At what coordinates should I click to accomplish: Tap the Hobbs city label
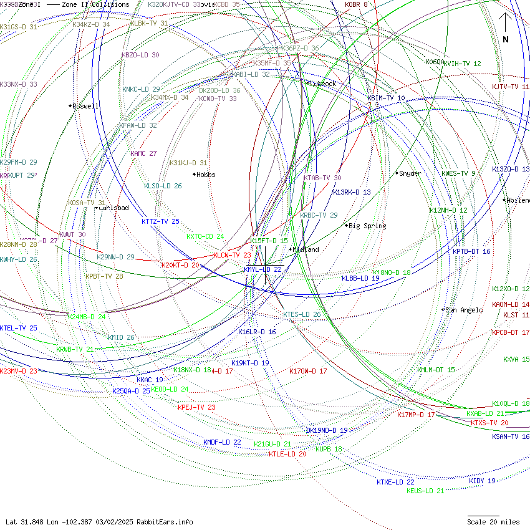coord(206,175)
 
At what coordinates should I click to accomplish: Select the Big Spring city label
coord(367,226)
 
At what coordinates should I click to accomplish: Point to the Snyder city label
coord(410,173)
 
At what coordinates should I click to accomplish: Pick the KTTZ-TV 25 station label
coord(160,221)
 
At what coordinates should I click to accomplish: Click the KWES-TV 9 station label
coord(458,173)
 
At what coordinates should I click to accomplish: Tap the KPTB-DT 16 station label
coord(471,251)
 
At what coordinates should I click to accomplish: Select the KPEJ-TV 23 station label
coord(196,407)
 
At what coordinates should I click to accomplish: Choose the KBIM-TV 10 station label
coord(386,99)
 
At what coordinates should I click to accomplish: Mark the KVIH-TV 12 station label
coord(462,64)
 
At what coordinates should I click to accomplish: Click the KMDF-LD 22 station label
coord(222,442)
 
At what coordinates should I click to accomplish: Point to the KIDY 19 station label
coord(482,481)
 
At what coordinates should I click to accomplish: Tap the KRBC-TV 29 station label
coord(319,215)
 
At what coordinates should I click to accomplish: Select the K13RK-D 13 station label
coord(352,192)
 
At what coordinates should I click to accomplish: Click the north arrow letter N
coord(506,39)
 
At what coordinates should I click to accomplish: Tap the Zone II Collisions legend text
coord(95,4)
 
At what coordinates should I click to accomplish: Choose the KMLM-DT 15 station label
coord(436,370)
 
